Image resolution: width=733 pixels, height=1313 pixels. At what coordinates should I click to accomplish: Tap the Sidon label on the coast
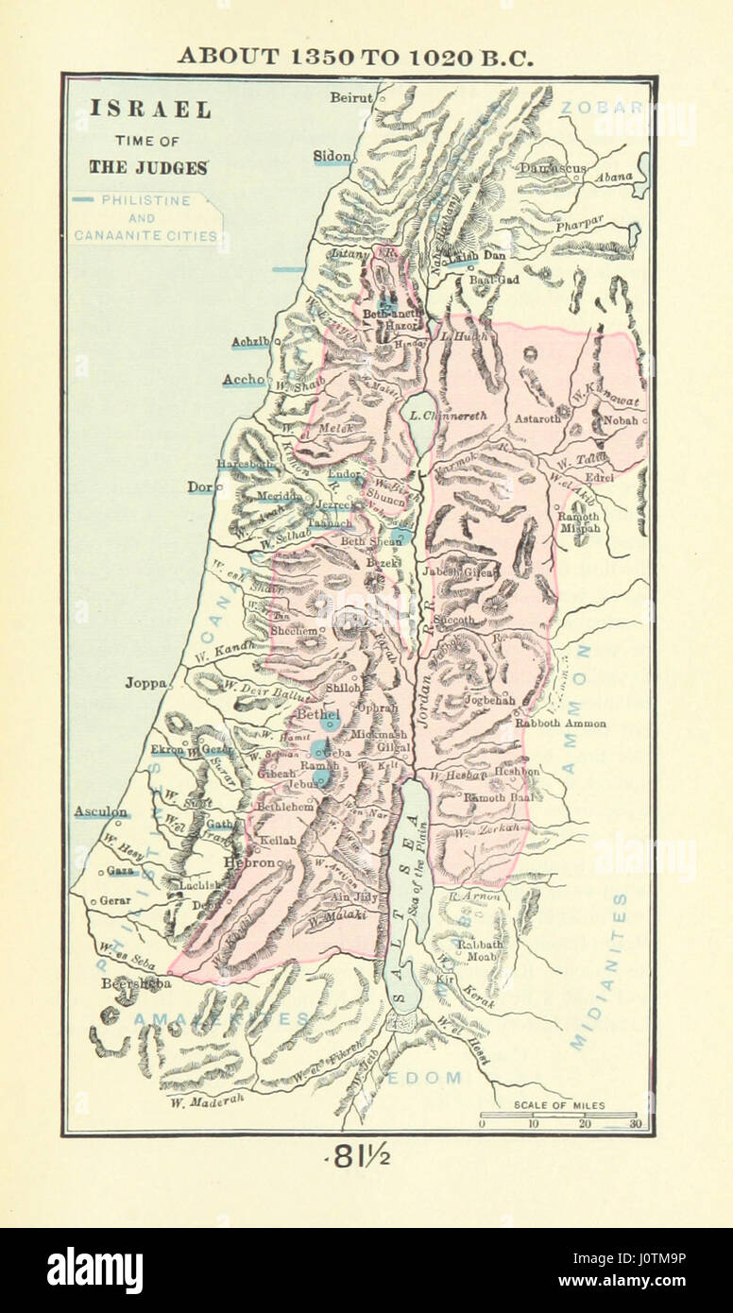(332, 155)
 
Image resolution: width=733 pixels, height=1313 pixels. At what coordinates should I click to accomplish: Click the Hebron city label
(248, 862)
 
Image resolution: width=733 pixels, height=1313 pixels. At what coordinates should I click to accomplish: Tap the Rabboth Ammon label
(559, 724)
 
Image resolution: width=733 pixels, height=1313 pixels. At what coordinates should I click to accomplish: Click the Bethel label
(317, 715)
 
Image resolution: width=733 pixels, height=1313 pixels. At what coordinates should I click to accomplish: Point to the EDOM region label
(435, 1077)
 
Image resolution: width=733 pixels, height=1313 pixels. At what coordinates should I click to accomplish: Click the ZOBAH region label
(594, 108)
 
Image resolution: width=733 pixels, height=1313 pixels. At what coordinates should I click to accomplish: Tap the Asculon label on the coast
(101, 811)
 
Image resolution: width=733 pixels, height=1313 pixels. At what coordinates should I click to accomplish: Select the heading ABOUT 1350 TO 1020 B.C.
(357, 56)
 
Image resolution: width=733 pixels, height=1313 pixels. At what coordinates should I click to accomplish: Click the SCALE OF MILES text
(559, 1104)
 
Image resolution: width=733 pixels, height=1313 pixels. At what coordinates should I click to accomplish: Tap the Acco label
(243, 380)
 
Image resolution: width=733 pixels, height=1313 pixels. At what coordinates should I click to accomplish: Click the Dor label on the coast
(199, 487)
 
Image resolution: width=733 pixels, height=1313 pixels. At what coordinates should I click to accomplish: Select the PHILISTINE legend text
(146, 200)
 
